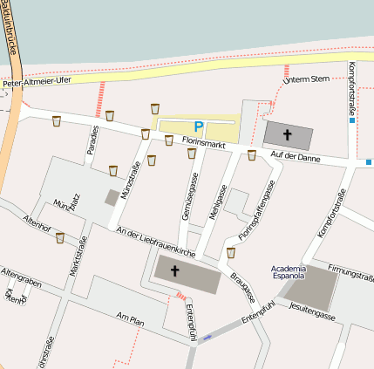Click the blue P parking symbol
pos(198,127)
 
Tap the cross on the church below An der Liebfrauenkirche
pos(173,271)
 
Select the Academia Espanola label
pos(289,271)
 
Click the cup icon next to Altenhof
pos(59,237)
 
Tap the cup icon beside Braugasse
pos(231,253)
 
